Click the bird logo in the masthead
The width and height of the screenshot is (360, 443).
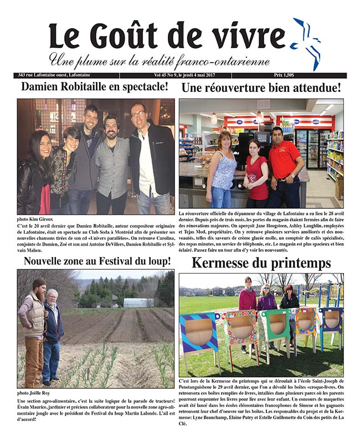(x=307, y=42)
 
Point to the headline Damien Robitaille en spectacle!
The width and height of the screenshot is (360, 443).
(x=95, y=87)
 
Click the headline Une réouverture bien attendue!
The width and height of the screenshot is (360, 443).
(x=261, y=87)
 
